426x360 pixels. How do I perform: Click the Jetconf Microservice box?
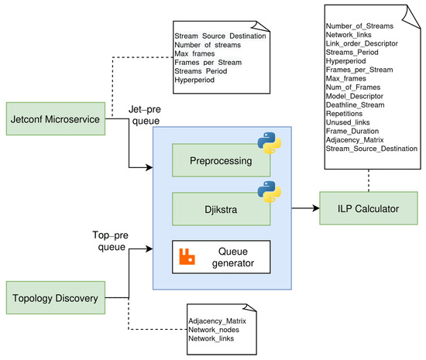click(x=56, y=118)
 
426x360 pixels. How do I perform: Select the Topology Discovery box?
click(x=56, y=297)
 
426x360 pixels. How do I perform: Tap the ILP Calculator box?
click(x=369, y=208)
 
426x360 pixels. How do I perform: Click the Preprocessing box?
click(x=222, y=160)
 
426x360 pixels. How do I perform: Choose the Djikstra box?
click(x=222, y=209)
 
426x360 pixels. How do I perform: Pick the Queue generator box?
click(x=222, y=257)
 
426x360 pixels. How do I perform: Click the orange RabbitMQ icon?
click(x=187, y=256)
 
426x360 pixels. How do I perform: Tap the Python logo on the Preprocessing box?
click(x=270, y=142)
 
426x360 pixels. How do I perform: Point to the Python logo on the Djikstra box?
click(x=270, y=192)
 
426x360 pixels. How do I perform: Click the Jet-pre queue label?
click(x=145, y=115)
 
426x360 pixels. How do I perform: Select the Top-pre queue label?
click(x=111, y=241)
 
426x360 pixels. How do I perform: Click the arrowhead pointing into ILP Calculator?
click(x=316, y=208)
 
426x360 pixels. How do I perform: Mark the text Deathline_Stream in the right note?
click(x=355, y=105)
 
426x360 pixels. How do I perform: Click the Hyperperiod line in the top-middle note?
click(x=194, y=80)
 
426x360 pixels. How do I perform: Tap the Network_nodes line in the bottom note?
click(x=214, y=330)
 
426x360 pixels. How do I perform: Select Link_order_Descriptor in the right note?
click(x=362, y=43)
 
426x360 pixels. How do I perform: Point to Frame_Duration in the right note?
click(x=352, y=131)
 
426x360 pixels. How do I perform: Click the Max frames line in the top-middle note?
click(x=194, y=53)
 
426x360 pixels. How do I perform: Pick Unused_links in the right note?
click(x=348, y=122)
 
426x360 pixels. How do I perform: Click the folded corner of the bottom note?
click(x=250, y=307)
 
